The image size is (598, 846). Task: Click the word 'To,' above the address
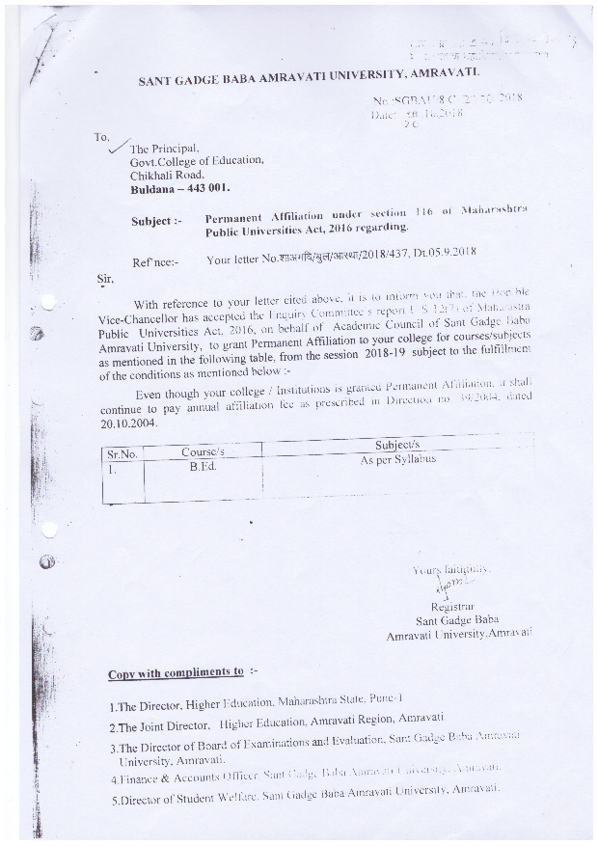pyautogui.click(x=102, y=136)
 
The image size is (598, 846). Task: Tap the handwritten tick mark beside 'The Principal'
pyautogui.click(x=120, y=147)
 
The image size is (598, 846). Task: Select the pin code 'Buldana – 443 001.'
pyautogui.click(x=181, y=190)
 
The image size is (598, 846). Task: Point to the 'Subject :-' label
pyautogui.click(x=156, y=221)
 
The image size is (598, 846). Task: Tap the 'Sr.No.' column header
pyautogui.click(x=122, y=452)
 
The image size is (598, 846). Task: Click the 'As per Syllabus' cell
pyautogui.click(x=397, y=460)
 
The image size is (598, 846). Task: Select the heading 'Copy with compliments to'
pyautogui.click(x=176, y=671)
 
